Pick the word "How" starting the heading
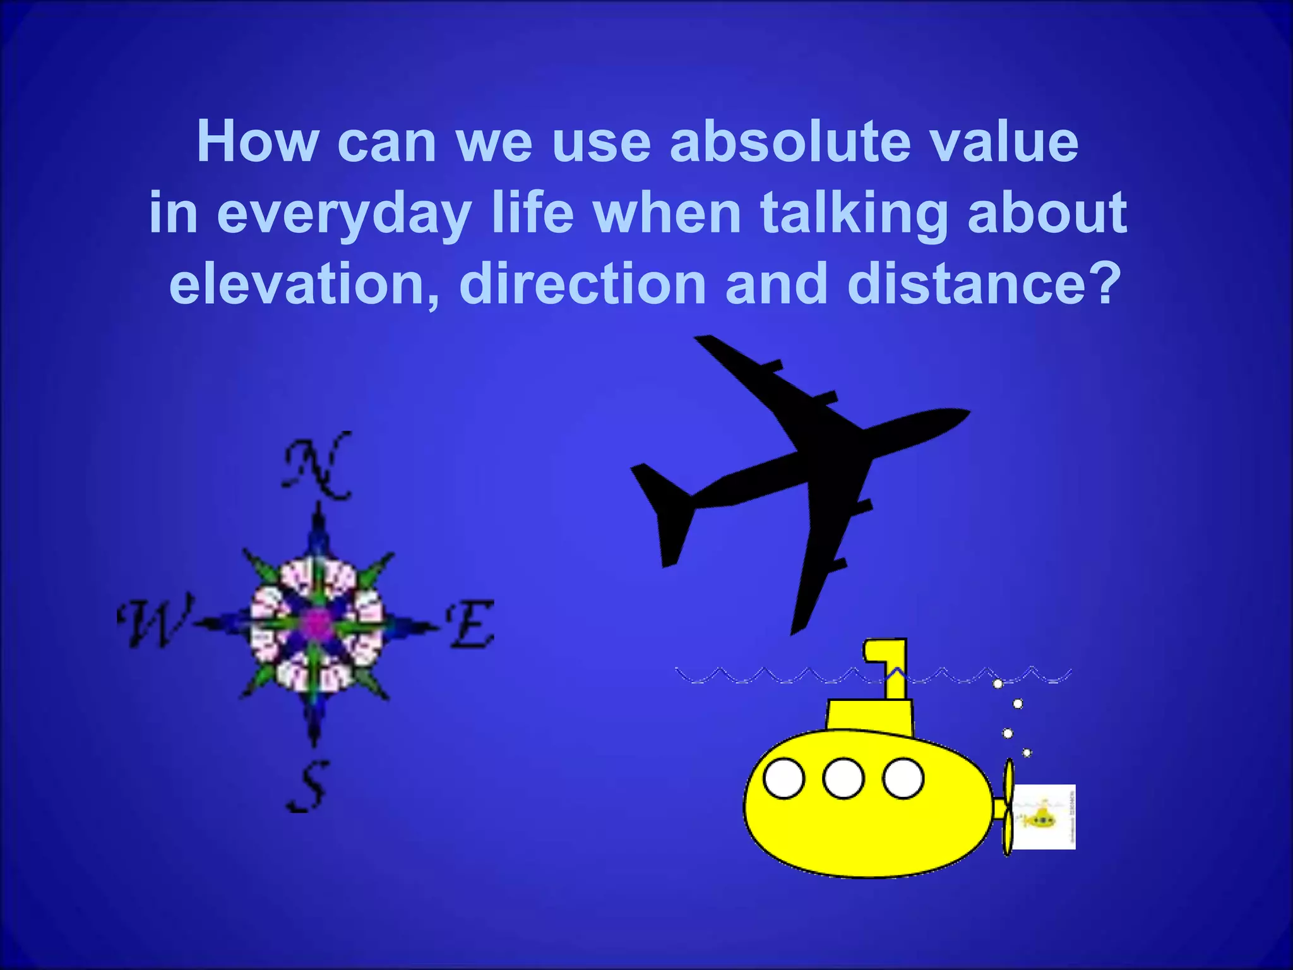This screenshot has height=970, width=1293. [x=258, y=142]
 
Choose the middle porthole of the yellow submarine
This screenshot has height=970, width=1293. [x=843, y=779]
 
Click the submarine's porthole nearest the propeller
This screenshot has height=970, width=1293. [x=903, y=779]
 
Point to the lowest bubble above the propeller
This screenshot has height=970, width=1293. [x=1027, y=753]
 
